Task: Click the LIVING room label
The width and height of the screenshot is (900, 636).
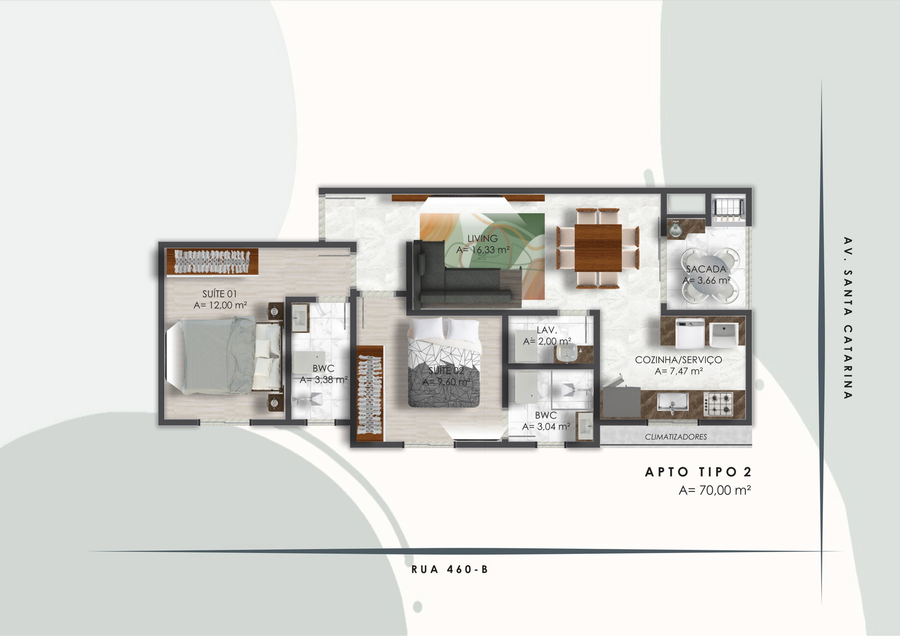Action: (x=482, y=238)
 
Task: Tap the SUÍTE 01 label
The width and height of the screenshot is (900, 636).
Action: (x=219, y=294)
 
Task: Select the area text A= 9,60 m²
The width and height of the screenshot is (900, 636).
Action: (x=446, y=382)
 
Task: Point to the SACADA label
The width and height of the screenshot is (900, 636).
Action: (x=706, y=269)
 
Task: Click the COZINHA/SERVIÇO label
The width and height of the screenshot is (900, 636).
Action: (x=678, y=359)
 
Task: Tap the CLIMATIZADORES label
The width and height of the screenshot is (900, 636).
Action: (x=676, y=437)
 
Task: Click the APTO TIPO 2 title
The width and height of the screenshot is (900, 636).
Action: (x=698, y=472)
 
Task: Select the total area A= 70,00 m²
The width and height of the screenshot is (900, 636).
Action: (x=715, y=490)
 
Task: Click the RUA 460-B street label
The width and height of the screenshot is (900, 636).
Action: (x=449, y=569)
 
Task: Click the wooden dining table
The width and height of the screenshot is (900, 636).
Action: (x=598, y=248)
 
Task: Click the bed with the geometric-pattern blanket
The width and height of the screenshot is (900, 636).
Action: (x=444, y=362)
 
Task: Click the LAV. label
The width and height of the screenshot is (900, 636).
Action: (x=547, y=330)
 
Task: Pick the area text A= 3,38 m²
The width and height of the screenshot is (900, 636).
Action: (x=324, y=380)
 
